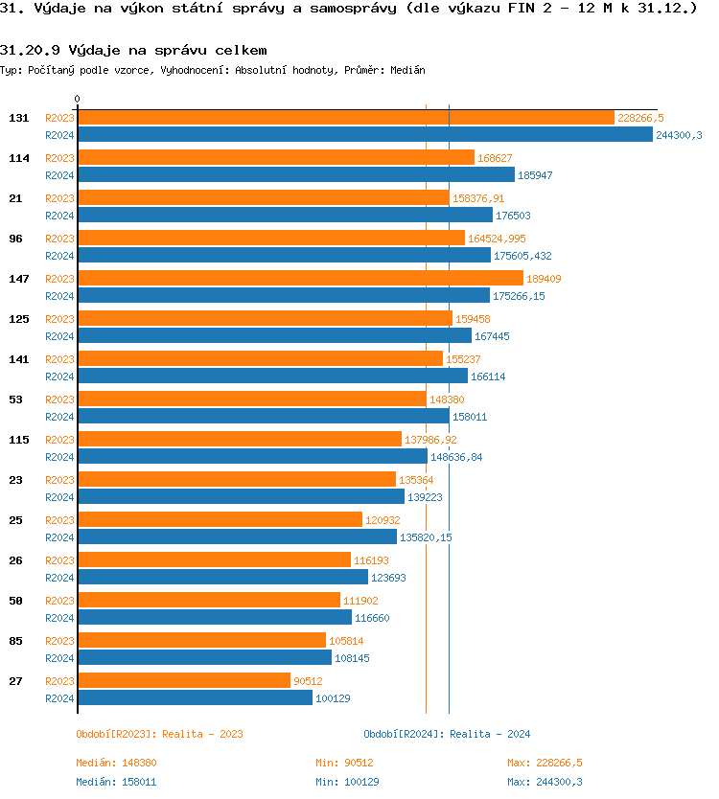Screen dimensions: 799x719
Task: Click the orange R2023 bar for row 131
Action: click(x=345, y=118)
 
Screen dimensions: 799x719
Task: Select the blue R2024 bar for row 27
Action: click(x=195, y=698)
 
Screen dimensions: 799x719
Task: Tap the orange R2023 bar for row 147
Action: click(x=300, y=279)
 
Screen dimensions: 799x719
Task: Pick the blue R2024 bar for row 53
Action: click(x=263, y=417)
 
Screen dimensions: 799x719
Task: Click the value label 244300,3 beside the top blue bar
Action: click(x=679, y=136)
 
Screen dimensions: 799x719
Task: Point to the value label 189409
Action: click(x=544, y=279)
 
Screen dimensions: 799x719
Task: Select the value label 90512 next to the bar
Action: click(x=310, y=681)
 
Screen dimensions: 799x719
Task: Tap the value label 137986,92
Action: click(x=430, y=440)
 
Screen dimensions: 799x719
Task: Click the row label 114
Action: click(x=18, y=158)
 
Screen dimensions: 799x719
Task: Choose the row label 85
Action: click(x=15, y=641)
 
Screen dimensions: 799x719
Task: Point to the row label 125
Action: click(x=18, y=319)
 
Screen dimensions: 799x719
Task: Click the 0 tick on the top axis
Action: click(x=78, y=99)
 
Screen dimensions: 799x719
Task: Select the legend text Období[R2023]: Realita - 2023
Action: click(x=159, y=734)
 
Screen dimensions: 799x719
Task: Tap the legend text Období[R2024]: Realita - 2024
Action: click(x=447, y=734)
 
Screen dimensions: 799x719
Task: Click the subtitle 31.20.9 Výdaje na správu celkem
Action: click(x=133, y=50)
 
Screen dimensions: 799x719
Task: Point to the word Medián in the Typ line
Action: click(x=408, y=70)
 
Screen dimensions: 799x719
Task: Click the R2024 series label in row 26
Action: click(x=59, y=578)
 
